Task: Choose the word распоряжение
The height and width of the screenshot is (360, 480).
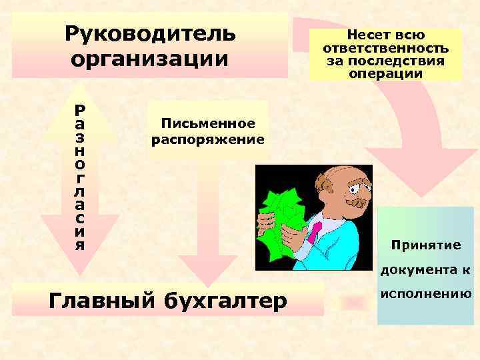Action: coord(208,140)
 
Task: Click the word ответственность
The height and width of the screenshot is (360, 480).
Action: coord(385,49)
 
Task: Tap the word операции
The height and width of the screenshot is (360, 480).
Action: coord(385,73)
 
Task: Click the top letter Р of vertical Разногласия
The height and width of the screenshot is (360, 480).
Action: coord(79,108)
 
